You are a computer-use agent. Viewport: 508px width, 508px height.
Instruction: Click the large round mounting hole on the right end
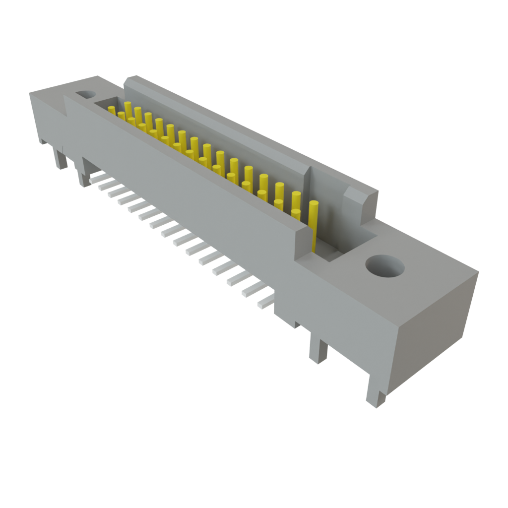(384, 266)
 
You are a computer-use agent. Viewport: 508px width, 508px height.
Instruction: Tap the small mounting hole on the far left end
(86, 94)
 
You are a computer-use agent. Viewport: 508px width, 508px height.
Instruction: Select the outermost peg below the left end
(61, 159)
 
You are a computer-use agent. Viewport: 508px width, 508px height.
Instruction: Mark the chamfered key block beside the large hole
(358, 201)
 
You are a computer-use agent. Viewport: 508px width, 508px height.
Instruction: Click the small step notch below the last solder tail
(297, 325)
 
